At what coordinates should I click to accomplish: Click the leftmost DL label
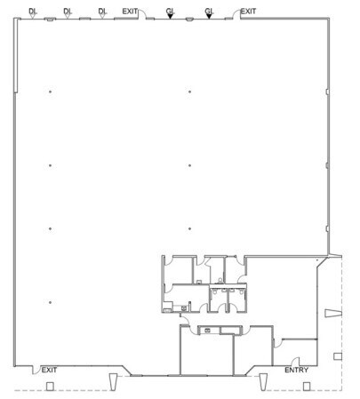tap(33, 10)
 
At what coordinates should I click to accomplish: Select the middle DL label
tap(68, 10)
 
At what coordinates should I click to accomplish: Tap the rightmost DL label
tap(102, 10)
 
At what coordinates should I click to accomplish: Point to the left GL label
tap(171, 10)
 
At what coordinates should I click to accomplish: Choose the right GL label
tap(210, 10)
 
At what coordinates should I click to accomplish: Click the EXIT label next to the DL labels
tap(131, 10)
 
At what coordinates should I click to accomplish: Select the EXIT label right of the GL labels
tap(249, 10)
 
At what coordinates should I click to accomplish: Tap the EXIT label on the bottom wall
tap(50, 369)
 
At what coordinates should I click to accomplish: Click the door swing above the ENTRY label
tap(278, 343)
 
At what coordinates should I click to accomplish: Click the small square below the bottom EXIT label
tap(50, 386)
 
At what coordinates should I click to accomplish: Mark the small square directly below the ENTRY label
tap(306, 386)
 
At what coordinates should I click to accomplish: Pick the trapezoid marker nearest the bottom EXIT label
tap(112, 380)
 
